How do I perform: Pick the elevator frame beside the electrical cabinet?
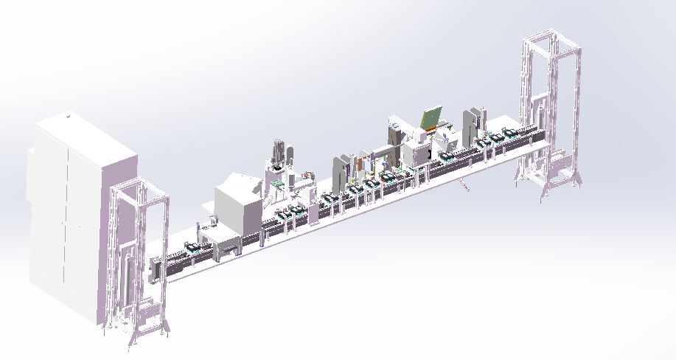coord(140,258)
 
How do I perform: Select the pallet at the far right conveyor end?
coord(509,134)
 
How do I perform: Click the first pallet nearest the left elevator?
coord(193,249)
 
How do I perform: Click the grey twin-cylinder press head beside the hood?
coord(280,151)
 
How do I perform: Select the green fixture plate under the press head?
coord(276,181)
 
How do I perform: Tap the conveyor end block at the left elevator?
coord(155,270)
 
